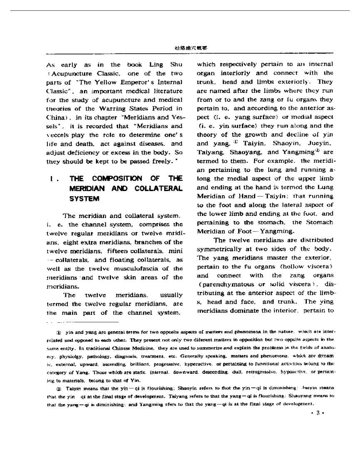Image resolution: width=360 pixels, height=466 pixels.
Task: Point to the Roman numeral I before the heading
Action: [x=51, y=179]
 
